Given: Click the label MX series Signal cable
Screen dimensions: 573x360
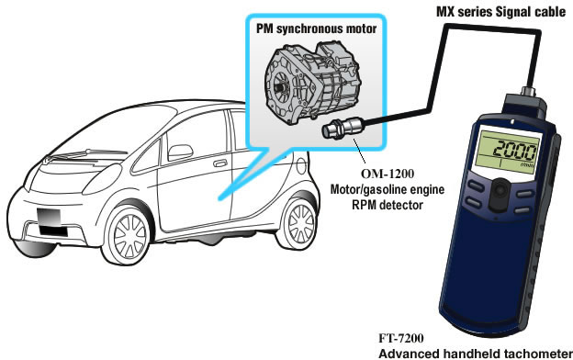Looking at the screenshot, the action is point(501,12).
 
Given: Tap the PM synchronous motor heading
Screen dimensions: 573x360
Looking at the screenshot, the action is point(316,28).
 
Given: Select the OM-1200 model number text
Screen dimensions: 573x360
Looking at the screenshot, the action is point(388,174).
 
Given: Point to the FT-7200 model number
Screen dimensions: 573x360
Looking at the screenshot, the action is point(401,339).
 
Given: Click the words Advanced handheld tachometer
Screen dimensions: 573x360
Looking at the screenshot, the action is point(476,354).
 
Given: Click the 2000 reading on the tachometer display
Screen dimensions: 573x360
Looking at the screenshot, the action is point(514,151).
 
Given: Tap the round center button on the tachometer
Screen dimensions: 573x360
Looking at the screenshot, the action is point(500,190).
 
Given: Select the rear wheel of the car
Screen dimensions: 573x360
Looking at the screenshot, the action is point(298,223).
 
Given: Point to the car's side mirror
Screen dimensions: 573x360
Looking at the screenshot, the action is point(181,152).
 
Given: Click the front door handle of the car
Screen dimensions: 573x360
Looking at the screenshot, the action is point(220,163).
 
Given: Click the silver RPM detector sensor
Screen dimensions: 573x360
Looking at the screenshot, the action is point(342,128).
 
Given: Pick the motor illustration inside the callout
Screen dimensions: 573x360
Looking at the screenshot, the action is point(311,83).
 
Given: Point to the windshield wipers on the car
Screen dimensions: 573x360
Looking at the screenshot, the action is point(86,155).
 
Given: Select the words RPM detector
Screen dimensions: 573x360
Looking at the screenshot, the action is point(388,205).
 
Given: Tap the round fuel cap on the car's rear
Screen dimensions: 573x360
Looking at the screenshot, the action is point(301,166).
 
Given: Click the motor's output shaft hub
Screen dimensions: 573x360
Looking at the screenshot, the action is point(281,87).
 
